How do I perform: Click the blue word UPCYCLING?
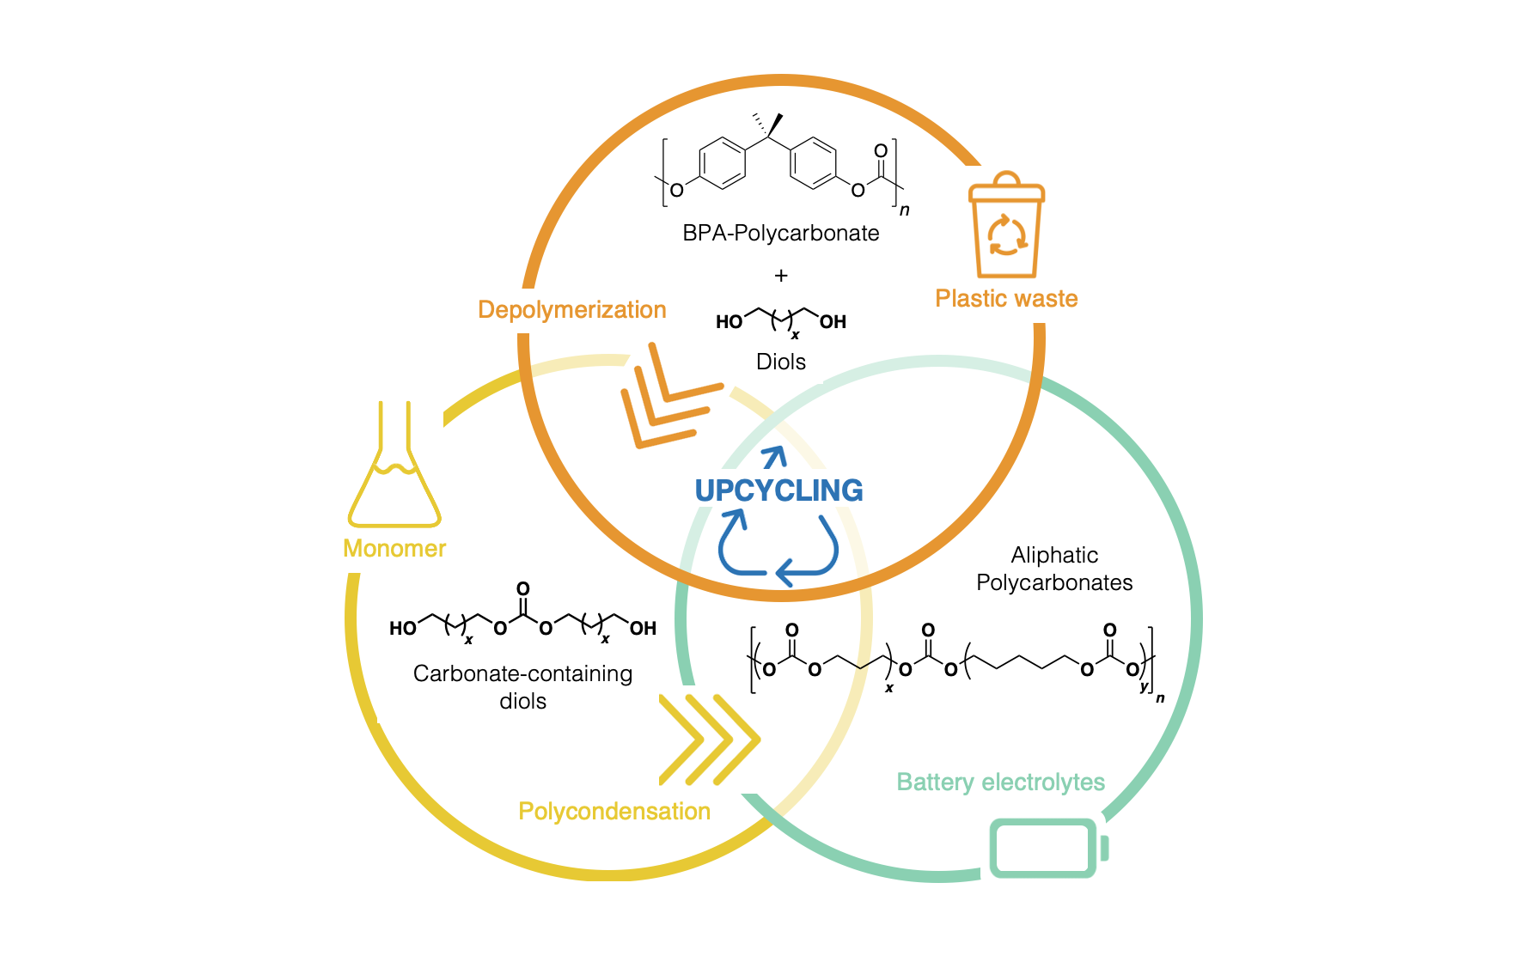click(x=778, y=490)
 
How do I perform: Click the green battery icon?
click(x=1049, y=849)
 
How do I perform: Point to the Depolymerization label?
click(x=572, y=310)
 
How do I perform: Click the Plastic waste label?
click(x=1006, y=298)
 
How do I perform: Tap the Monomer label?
click(x=394, y=548)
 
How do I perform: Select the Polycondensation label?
click(x=614, y=811)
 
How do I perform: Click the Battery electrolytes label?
click(x=1000, y=782)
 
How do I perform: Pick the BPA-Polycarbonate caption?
click(x=780, y=234)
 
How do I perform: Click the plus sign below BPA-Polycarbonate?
click(x=780, y=276)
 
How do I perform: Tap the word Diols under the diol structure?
click(x=780, y=362)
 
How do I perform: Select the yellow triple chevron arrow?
click(x=710, y=740)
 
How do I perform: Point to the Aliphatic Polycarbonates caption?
click(x=1054, y=569)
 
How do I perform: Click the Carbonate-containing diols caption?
click(x=522, y=687)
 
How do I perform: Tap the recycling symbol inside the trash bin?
click(x=1006, y=235)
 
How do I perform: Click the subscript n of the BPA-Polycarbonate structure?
click(x=904, y=210)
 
